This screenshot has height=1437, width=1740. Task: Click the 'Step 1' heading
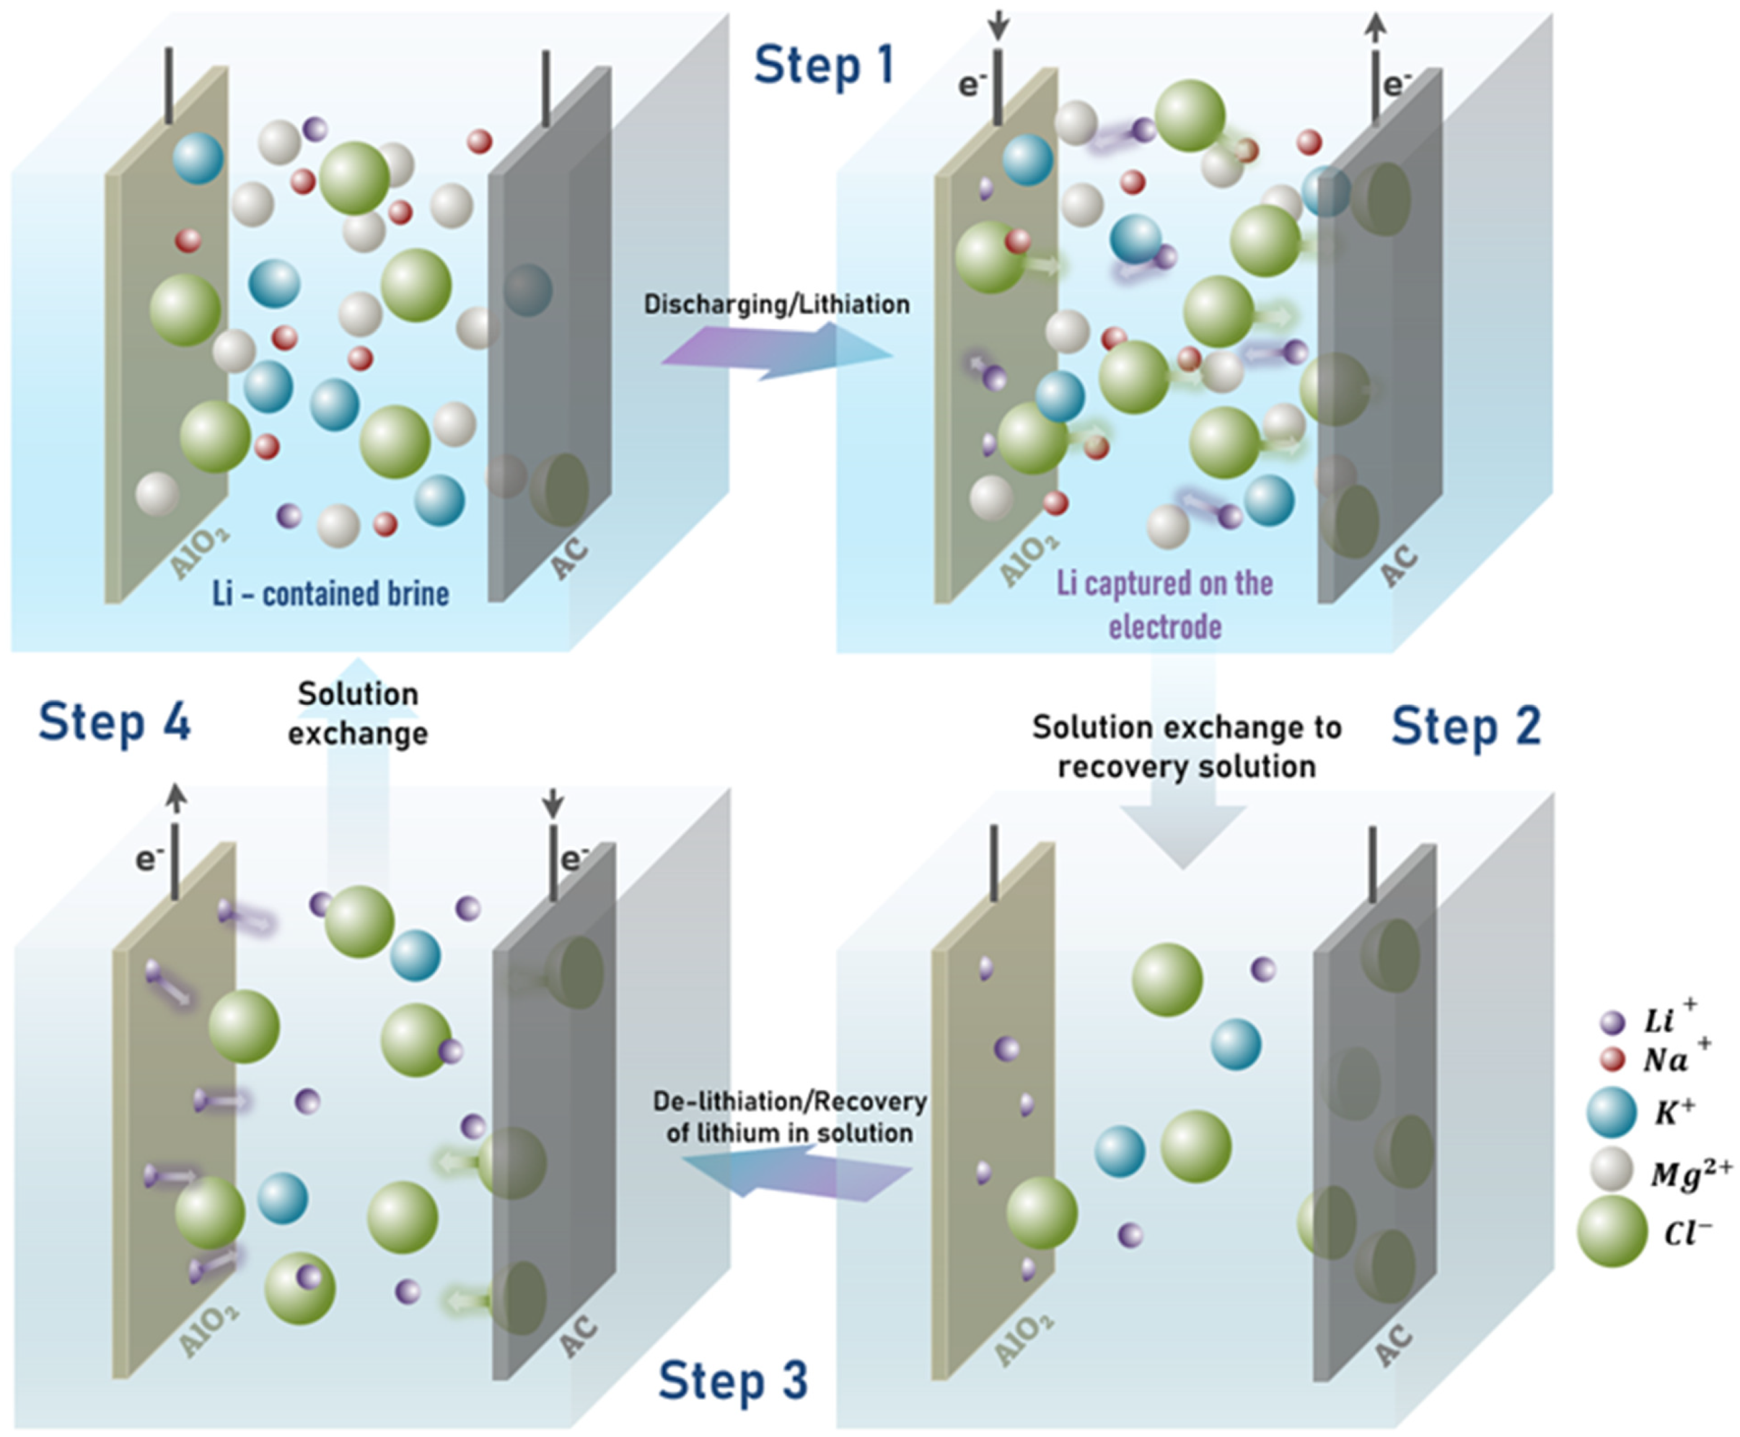[x=824, y=66]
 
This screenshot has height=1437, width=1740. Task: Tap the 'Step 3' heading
[x=732, y=1381]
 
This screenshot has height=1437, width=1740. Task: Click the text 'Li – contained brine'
[x=330, y=594]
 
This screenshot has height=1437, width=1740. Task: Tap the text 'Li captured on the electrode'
[x=1165, y=604]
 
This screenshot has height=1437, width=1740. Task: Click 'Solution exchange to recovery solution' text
[x=1186, y=747]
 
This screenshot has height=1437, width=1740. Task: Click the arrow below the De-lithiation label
[x=794, y=1176]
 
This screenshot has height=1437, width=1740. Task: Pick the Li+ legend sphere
[x=1612, y=1022]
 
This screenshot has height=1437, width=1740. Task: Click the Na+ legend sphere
[x=1612, y=1059]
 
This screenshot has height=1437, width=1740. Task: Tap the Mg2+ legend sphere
[x=1611, y=1170]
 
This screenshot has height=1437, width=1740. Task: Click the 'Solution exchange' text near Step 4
[x=358, y=713]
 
